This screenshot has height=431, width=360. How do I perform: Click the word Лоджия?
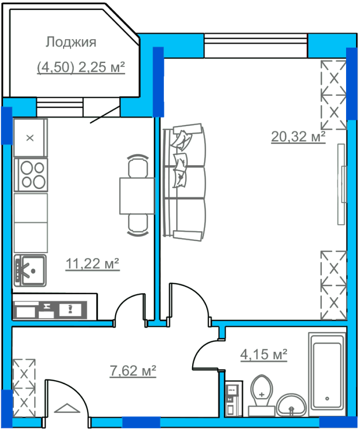(71, 42)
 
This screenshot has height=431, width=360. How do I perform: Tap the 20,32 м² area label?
(298, 136)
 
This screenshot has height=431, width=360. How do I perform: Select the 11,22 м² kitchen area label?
(93, 264)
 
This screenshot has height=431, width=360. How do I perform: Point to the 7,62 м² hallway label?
(133, 371)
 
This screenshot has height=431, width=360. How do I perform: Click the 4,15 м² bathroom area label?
(264, 354)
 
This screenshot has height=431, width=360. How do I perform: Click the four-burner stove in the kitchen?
(30, 175)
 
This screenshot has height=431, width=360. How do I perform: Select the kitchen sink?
(30, 271)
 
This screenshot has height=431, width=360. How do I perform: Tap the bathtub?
(327, 375)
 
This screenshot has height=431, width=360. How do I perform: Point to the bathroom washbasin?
(291, 405)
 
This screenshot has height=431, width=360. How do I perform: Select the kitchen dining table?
(137, 196)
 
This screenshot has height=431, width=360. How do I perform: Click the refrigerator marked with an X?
(30, 138)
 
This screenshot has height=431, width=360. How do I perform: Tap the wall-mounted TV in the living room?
(342, 184)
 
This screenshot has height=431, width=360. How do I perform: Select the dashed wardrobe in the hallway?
(24, 388)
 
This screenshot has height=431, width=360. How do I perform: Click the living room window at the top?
(256, 46)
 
